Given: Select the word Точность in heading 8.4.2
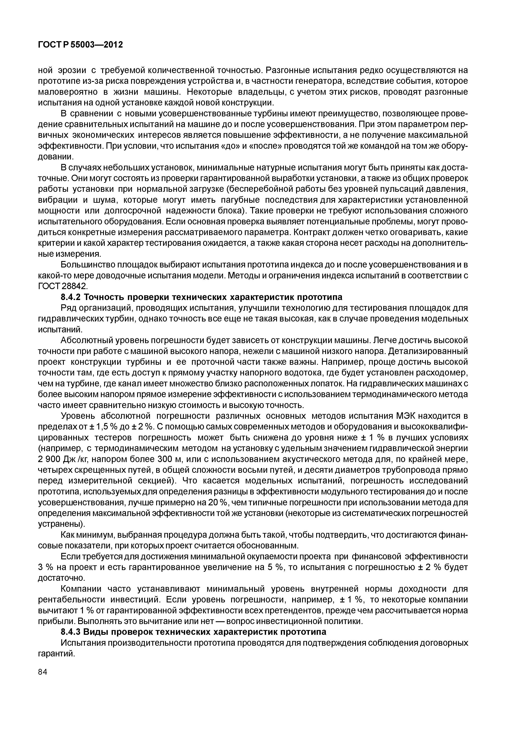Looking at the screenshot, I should (103, 297).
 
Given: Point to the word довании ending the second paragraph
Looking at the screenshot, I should (56, 157).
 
